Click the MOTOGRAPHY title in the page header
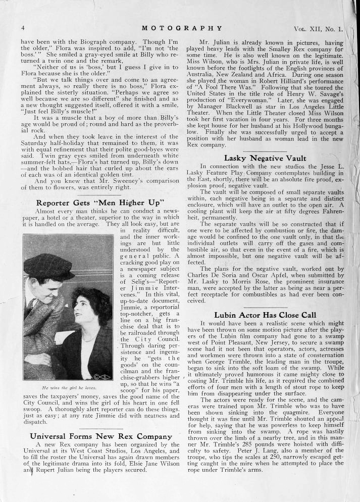(x=182, y=28)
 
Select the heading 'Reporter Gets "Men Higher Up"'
(x=100, y=203)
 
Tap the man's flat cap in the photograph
(x=49, y=267)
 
